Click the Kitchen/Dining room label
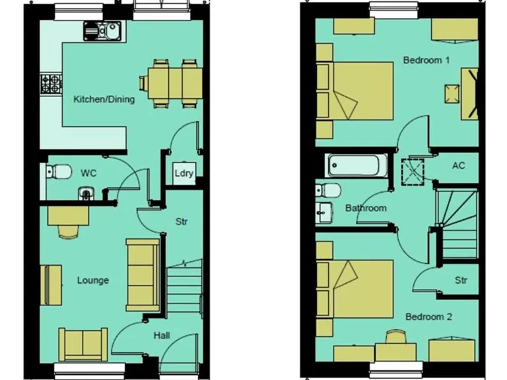point(104,100)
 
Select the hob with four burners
point(50,83)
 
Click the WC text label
point(88,173)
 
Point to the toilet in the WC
point(59,172)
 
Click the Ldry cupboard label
point(184,174)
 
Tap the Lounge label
point(92,280)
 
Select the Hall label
point(162,336)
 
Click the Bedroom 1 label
point(426,60)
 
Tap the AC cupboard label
point(458,165)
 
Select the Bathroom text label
point(366,208)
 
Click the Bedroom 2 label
point(428,317)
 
